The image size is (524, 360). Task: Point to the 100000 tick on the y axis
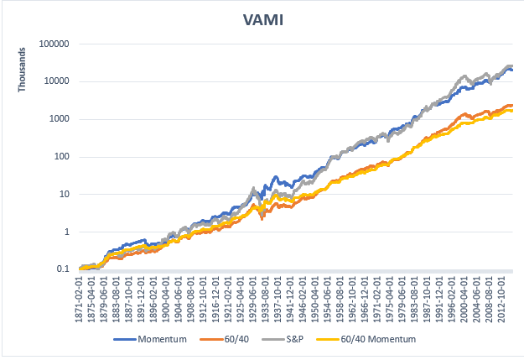[53, 44]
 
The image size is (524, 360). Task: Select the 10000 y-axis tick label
[55, 81]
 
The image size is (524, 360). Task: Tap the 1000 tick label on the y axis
[58, 119]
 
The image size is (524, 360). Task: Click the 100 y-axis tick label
[60, 157]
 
